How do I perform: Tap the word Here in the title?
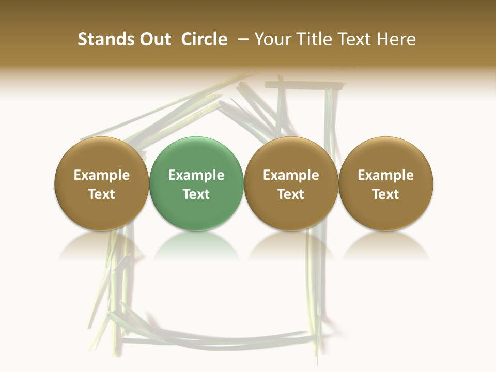396,39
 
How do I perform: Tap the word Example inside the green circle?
196,175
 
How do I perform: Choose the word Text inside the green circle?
196,194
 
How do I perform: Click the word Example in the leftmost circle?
101,175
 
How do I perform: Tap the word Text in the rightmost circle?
386,194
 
